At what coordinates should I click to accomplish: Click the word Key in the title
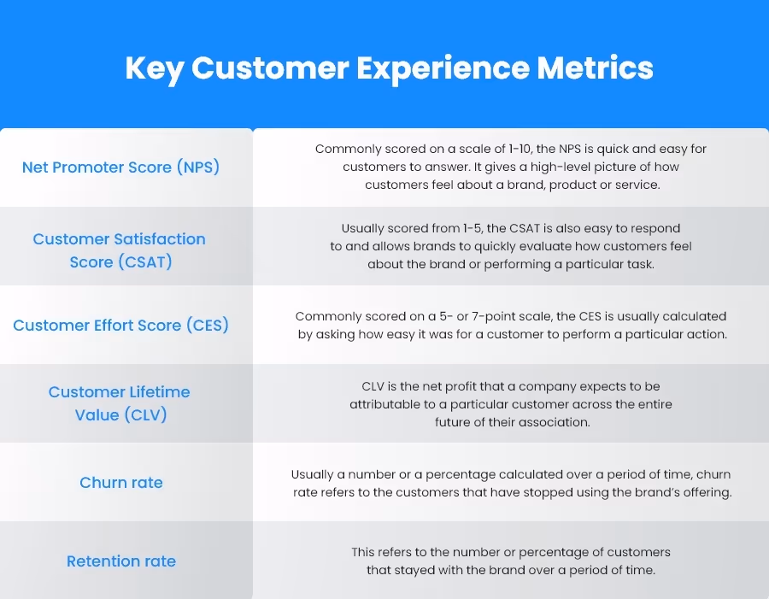(x=154, y=68)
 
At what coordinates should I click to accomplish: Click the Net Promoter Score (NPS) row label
(x=120, y=167)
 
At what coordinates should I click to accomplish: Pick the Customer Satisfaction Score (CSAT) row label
(x=120, y=250)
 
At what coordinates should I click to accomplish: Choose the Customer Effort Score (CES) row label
(x=120, y=326)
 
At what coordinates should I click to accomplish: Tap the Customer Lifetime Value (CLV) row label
(x=120, y=403)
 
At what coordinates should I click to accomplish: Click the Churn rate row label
(x=120, y=483)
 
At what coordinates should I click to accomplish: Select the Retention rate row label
(x=120, y=561)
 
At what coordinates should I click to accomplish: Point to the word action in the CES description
(x=705, y=334)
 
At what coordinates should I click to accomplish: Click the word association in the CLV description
(x=553, y=422)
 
